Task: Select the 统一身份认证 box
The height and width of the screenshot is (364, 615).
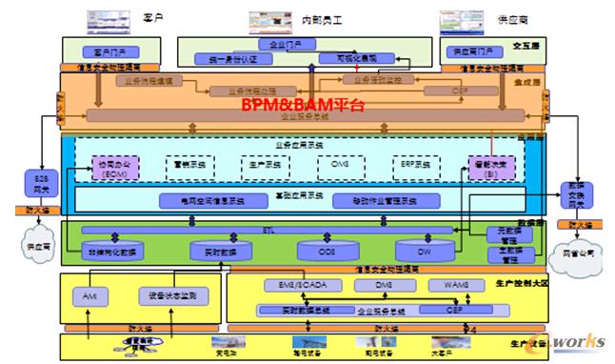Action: tap(220, 59)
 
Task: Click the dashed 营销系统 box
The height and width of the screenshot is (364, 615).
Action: tap(190, 164)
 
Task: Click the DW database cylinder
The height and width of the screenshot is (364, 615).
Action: tap(422, 251)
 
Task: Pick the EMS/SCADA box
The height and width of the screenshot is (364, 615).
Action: tap(290, 285)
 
